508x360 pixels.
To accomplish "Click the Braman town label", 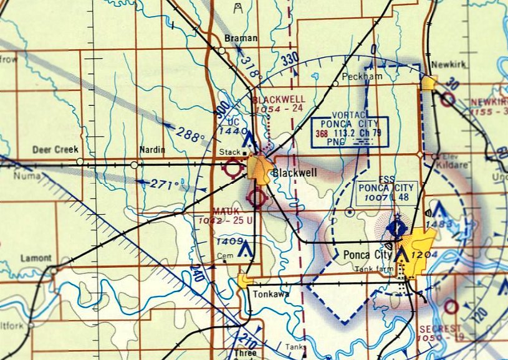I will point(241,39).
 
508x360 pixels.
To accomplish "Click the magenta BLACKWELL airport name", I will point(279,100).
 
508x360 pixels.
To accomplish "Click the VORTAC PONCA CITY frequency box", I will point(350,131).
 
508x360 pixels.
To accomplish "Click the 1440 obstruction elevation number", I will point(229,131).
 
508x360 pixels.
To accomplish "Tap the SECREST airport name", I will point(440,328).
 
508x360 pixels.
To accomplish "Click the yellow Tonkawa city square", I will point(244,280).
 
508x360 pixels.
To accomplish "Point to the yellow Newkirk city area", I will point(429,84).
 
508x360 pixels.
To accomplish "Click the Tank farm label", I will point(371,269).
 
